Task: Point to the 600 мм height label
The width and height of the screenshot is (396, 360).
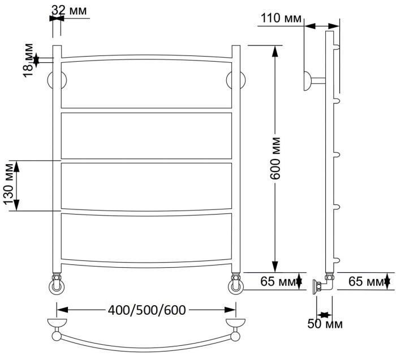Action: coord(276,158)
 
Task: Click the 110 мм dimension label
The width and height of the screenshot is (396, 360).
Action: coord(281,19)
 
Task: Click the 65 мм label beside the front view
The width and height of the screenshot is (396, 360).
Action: coord(277,281)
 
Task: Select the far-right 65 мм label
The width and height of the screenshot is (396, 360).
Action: coord(365,281)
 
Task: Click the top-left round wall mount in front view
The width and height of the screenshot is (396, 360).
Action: coord(57,80)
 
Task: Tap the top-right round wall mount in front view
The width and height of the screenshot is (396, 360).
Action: coord(235,80)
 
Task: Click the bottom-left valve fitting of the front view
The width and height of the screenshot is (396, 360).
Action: coord(57,285)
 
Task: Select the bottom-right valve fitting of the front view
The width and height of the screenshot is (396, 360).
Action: coord(235,285)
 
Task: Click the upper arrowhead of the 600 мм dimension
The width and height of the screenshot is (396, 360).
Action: coord(276,50)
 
